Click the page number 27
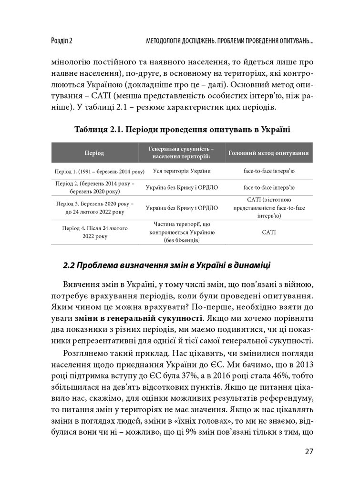point(309,451)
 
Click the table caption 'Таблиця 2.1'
point(97,129)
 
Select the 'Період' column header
point(94,153)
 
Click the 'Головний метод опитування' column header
point(268,153)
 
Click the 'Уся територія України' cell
point(182,171)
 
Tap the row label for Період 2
point(94,187)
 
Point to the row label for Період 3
point(94,208)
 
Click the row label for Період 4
point(94,232)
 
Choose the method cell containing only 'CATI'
point(268,232)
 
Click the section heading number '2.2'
point(69,264)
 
